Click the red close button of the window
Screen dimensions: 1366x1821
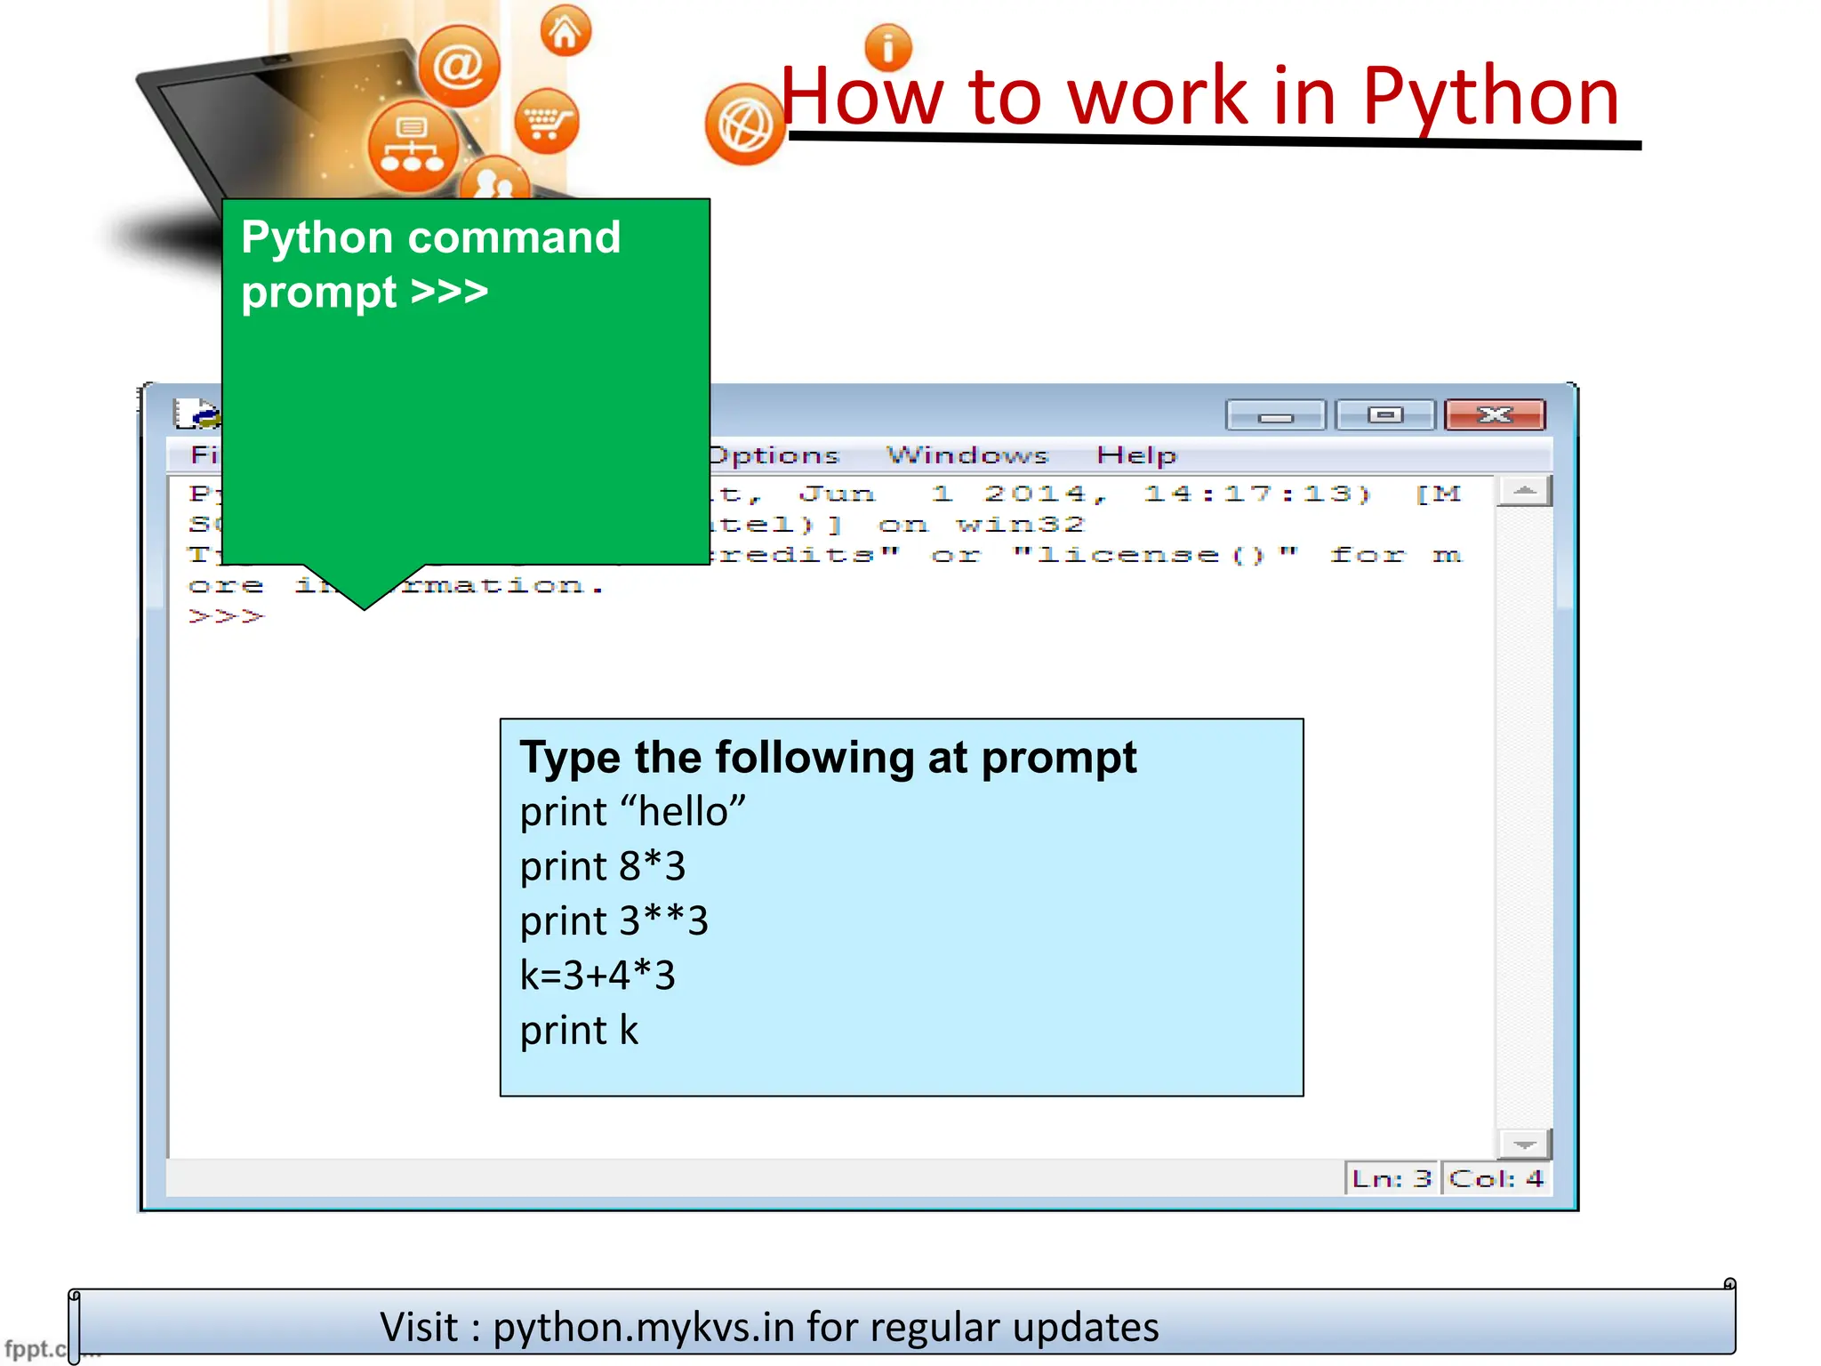click(1495, 415)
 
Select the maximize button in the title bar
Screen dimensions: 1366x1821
click(1384, 415)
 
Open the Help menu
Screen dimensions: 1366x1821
click(1135, 455)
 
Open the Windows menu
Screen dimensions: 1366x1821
click(967, 455)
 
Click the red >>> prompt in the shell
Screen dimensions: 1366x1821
click(227, 615)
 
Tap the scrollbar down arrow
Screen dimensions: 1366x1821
click(1524, 1145)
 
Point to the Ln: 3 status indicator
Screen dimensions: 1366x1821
click(1392, 1179)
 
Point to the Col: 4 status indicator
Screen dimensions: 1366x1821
click(1496, 1179)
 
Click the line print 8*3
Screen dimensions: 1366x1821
click(603, 866)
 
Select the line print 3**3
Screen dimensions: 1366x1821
click(614, 921)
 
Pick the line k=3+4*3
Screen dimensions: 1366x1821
click(598, 976)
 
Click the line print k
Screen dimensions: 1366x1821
click(579, 1031)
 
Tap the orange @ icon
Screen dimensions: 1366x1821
click(459, 67)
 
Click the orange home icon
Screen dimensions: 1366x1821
click(566, 32)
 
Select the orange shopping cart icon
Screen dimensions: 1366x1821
click(546, 122)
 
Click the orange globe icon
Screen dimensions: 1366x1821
click(745, 125)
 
